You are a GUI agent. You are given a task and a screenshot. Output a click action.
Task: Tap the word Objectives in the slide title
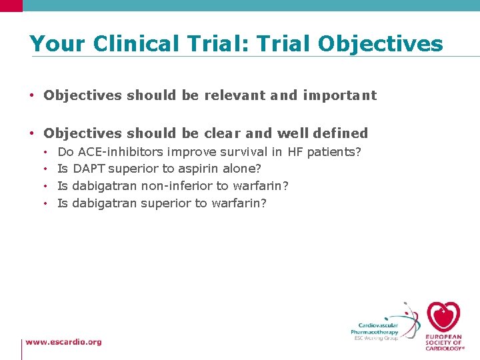(380, 43)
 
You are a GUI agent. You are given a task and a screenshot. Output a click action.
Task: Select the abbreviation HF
(295, 152)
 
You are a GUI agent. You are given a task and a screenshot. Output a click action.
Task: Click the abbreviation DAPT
(89, 169)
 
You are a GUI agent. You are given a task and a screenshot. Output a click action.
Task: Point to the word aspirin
(199, 169)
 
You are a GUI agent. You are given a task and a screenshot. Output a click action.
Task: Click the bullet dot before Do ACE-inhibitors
(45, 153)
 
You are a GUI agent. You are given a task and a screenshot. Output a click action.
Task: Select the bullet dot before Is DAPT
(45, 169)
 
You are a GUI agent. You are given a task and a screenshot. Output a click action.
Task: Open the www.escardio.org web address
(64, 342)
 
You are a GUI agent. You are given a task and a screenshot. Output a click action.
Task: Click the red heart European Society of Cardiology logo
(443, 317)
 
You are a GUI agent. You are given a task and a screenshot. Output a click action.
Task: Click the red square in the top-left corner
(11, 5)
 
